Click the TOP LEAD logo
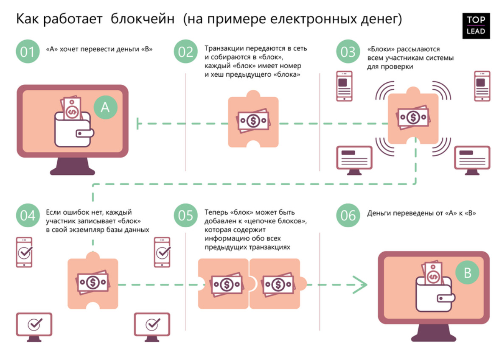pos(476,25)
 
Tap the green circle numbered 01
pos(28,51)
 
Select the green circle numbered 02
pos(186,51)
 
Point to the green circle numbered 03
pos(348,51)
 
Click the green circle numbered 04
pos(28,215)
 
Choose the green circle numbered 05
pos(186,215)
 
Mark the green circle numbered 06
pos(348,215)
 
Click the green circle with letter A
pos(105,108)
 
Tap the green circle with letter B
pos(468,273)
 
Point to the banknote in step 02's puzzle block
pos(253,121)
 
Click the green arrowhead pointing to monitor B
pos(360,285)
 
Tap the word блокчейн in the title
pos(143,19)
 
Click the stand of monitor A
pos(73,166)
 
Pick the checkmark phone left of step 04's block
pos(24,252)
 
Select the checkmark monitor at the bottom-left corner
pos(34,327)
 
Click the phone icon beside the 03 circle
pos(344,86)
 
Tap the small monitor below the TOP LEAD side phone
pos(472,160)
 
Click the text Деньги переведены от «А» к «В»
pos(421,213)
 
